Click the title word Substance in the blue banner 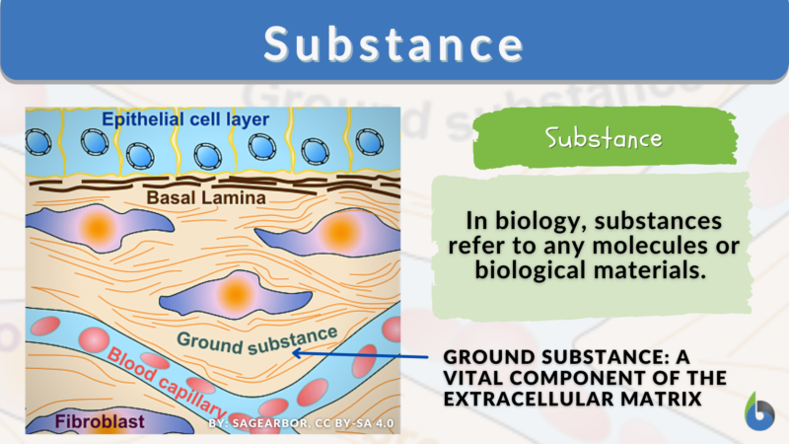point(394,45)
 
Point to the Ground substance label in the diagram point(257,338)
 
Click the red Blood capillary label point(167,380)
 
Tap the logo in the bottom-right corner point(759,412)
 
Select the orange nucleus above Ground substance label point(235,292)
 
